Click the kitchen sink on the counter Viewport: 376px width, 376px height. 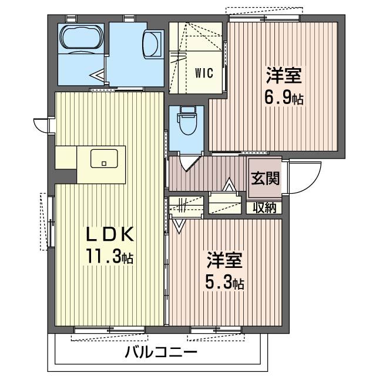tap(104, 159)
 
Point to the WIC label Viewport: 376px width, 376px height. tap(204, 75)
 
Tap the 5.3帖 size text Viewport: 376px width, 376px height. tap(224, 283)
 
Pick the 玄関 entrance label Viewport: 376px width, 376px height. tap(265, 179)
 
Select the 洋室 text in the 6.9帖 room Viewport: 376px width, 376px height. tap(284, 75)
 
